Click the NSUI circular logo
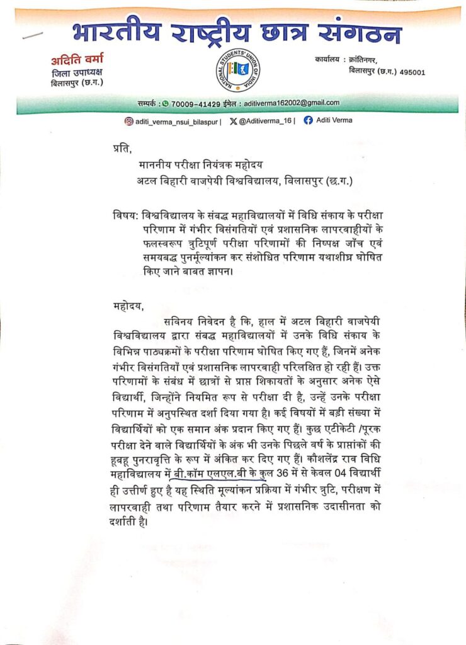click(238, 69)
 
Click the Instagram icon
click(128, 120)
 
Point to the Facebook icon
click(308, 120)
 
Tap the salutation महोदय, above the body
click(125, 307)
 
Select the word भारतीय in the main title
click(116, 31)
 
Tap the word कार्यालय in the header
click(330, 59)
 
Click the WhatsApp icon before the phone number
click(166, 103)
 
